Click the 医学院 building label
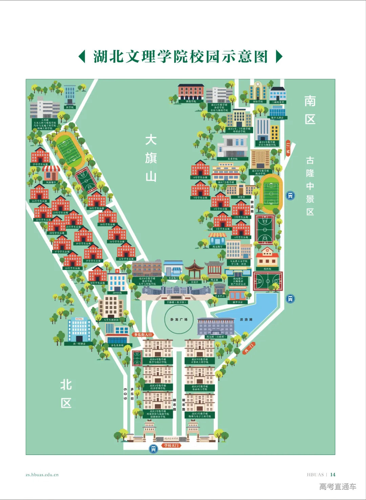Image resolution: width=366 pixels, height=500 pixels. [70, 107]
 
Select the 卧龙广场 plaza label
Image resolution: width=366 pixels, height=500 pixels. [179, 319]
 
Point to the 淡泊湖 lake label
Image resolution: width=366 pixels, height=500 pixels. [246, 319]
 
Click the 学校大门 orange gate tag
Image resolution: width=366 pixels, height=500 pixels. [171, 445]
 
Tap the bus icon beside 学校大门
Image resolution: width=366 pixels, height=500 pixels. [154, 449]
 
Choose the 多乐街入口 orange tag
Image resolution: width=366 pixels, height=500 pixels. [143, 335]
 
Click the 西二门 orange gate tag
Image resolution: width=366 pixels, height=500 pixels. [249, 348]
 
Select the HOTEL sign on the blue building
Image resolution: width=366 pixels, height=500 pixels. [79, 319]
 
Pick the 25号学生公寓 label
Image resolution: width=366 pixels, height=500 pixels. [40, 164]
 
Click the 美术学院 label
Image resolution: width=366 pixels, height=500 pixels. [232, 159]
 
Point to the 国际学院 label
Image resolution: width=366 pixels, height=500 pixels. [258, 101]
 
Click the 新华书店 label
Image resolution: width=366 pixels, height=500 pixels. [238, 302]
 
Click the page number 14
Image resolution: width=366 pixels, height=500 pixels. [333, 475]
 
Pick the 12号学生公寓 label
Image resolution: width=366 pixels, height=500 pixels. [126, 259]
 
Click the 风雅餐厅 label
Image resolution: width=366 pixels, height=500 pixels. [51, 182]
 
